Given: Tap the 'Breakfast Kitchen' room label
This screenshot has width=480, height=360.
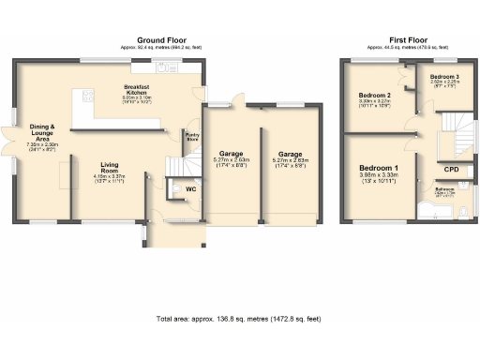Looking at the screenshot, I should [x=138, y=90].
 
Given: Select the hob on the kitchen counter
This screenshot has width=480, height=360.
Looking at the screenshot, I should [x=88, y=95].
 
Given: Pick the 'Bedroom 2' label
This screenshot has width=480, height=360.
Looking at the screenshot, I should [x=374, y=96].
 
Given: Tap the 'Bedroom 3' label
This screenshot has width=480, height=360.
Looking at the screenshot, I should [x=445, y=76].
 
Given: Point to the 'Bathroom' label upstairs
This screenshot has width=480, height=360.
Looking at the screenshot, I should [x=444, y=190].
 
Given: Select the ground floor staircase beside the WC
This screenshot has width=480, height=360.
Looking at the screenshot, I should [x=177, y=166].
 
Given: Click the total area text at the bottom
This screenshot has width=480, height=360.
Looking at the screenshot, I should [x=239, y=319].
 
